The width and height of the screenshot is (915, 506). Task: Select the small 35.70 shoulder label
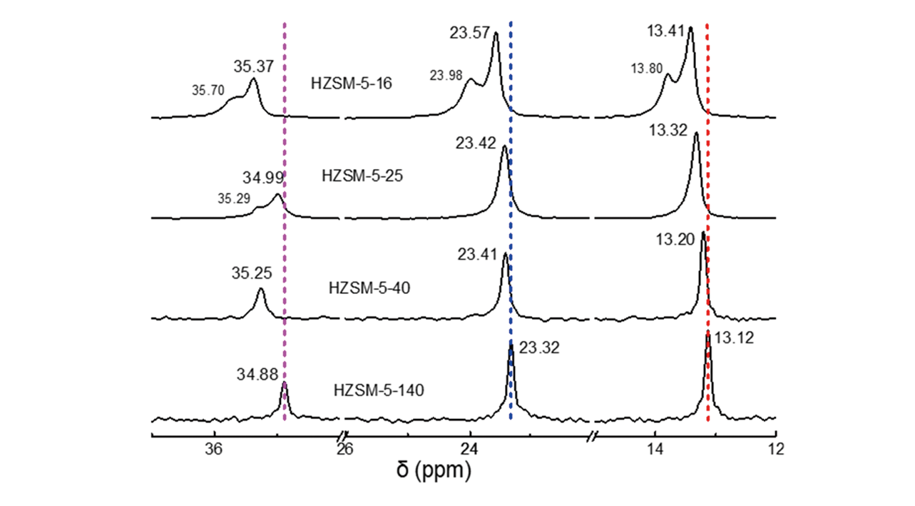(208, 91)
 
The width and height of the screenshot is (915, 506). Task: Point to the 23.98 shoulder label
(445, 76)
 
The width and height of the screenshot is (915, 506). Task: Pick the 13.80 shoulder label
(646, 69)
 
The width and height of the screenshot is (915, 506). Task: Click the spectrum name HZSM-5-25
(363, 175)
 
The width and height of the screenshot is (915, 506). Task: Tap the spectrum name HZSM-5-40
(369, 288)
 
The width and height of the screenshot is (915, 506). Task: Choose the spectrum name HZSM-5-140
(379, 390)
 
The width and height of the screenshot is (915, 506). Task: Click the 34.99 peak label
(263, 177)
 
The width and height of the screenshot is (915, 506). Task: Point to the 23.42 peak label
(476, 142)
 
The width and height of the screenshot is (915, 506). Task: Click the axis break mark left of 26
(342, 435)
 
